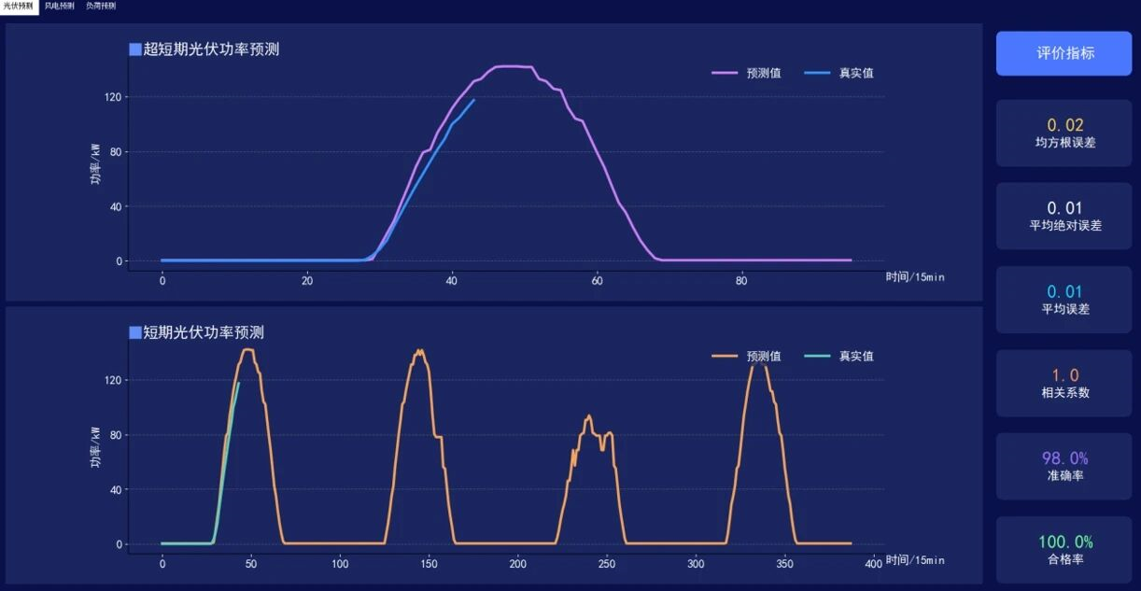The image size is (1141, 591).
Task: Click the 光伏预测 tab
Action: click(x=19, y=6)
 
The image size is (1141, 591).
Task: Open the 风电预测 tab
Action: click(x=59, y=6)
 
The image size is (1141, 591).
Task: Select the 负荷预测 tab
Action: click(x=101, y=6)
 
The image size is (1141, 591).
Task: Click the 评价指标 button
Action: click(x=1064, y=53)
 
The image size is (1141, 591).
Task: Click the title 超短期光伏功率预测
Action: click(x=211, y=49)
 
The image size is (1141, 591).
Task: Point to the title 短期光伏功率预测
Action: click(x=204, y=332)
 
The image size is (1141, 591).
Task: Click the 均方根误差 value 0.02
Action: click(x=1064, y=125)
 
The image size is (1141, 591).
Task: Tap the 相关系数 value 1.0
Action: click(x=1064, y=375)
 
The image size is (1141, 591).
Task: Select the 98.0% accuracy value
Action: click(x=1064, y=458)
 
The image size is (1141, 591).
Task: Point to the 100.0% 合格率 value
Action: click(x=1064, y=542)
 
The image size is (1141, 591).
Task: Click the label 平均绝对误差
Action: click(x=1064, y=225)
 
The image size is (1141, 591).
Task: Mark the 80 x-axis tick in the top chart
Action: click(x=741, y=280)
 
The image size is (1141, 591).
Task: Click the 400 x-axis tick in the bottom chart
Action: click(x=873, y=563)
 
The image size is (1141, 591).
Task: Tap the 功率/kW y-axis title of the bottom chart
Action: click(x=95, y=447)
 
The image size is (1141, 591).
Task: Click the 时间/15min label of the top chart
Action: click(x=915, y=276)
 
